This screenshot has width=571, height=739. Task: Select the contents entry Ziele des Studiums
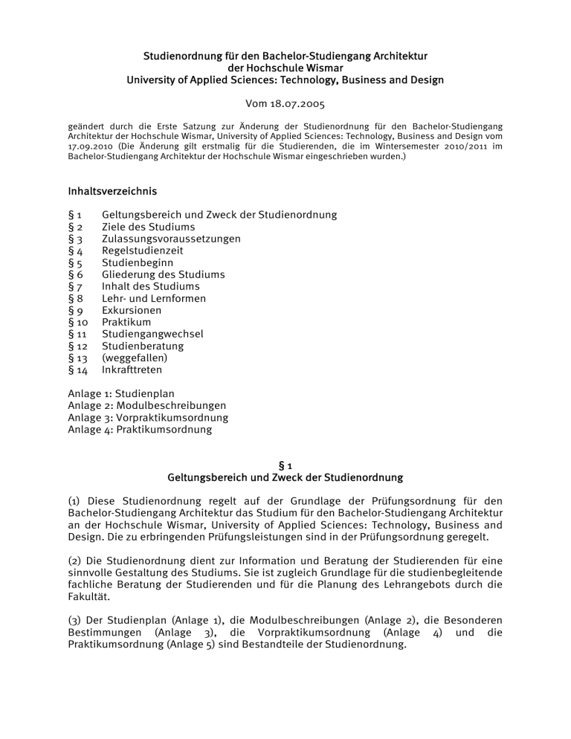148,227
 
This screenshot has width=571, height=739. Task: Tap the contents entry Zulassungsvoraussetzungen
171,239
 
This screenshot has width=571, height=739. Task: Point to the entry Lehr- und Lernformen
154,298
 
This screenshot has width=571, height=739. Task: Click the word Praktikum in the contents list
126,322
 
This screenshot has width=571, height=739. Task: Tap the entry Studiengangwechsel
152,334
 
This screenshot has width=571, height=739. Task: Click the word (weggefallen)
135,358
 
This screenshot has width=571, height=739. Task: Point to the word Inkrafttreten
132,369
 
